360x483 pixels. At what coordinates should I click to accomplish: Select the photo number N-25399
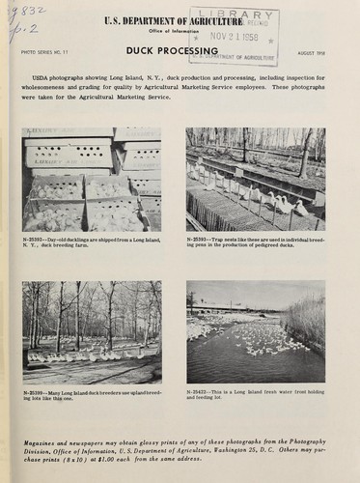35,394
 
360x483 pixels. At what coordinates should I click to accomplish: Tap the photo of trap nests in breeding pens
255,180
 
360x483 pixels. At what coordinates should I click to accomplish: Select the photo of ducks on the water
255,333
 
